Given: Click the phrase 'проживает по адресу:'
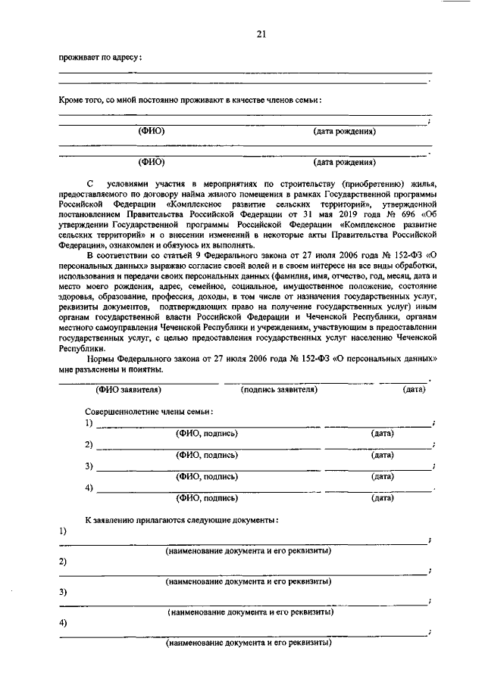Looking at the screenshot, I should pos(101,58).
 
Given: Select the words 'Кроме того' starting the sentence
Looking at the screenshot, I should pos(80,101).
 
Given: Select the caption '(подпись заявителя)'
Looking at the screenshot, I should pos(278,389).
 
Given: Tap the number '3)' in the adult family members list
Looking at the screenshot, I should pos(89,465).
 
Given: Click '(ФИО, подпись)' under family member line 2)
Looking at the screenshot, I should pos(207,455).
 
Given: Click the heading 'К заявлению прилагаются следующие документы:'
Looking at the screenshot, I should pos(181,520).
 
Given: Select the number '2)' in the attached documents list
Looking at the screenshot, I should pos(63,562).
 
